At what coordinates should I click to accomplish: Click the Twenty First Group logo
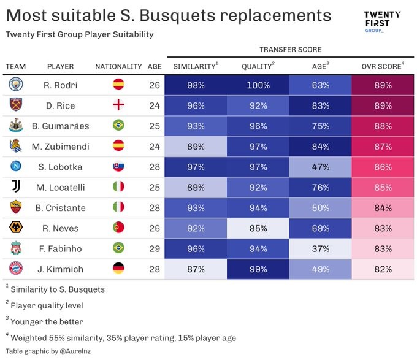(381, 23)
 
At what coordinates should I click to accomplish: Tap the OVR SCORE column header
(382, 66)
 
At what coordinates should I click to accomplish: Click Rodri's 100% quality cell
(258, 85)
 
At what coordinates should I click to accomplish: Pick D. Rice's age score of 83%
(320, 105)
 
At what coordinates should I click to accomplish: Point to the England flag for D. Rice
(119, 105)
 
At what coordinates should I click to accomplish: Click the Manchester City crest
(16, 85)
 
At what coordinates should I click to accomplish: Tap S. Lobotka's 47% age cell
(320, 166)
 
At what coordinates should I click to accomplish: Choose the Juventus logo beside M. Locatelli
(16, 186)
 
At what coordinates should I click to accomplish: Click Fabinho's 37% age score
(320, 248)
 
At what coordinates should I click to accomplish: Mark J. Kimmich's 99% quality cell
(258, 268)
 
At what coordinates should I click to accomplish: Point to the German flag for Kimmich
(119, 268)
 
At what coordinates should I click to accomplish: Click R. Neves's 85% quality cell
(258, 228)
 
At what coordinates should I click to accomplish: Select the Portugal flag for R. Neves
(119, 228)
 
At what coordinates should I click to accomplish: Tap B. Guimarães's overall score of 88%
(382, 126)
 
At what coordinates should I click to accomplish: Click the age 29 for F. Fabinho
(154, 248)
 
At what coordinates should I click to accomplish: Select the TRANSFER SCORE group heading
(290, 50)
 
